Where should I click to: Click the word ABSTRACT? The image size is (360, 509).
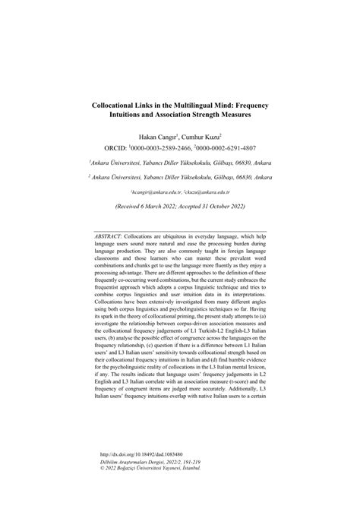pos(111,236)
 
